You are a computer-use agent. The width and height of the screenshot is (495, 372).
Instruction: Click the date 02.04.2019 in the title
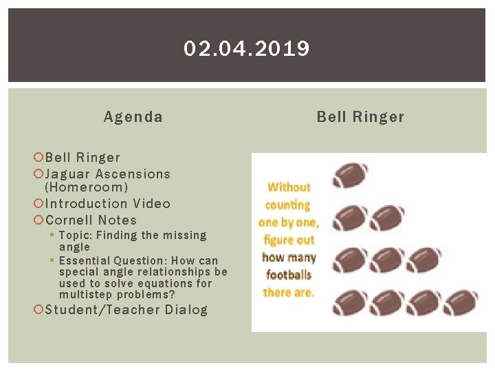tap(247, 49)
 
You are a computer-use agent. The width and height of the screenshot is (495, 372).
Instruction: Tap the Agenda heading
tap(133, 117)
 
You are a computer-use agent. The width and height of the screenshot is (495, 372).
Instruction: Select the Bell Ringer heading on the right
tap(360, 117)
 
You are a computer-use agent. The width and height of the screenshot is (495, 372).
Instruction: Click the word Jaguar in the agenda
tap(68, 174)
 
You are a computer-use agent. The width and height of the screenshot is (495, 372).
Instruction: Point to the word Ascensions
tap(133, 174)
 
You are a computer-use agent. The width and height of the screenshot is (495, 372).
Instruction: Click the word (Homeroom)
tap(86, 187)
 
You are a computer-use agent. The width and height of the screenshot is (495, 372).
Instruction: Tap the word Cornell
tap(69, 220)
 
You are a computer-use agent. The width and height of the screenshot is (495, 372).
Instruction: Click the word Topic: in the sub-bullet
tap(78, 236)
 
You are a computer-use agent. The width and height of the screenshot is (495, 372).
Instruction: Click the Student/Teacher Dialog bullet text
tap(126, 310)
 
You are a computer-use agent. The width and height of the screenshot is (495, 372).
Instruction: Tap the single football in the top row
tap(350, 175)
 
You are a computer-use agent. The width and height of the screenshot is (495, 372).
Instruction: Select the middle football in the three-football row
tap(386, 260)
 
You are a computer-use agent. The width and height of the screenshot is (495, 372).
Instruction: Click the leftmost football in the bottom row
tap(350, 302)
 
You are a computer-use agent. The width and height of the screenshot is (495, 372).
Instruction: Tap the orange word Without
tap(289, 187)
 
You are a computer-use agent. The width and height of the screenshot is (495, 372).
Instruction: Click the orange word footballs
tap(289, 275)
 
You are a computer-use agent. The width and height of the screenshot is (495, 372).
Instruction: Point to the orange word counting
tap(288, 205)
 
